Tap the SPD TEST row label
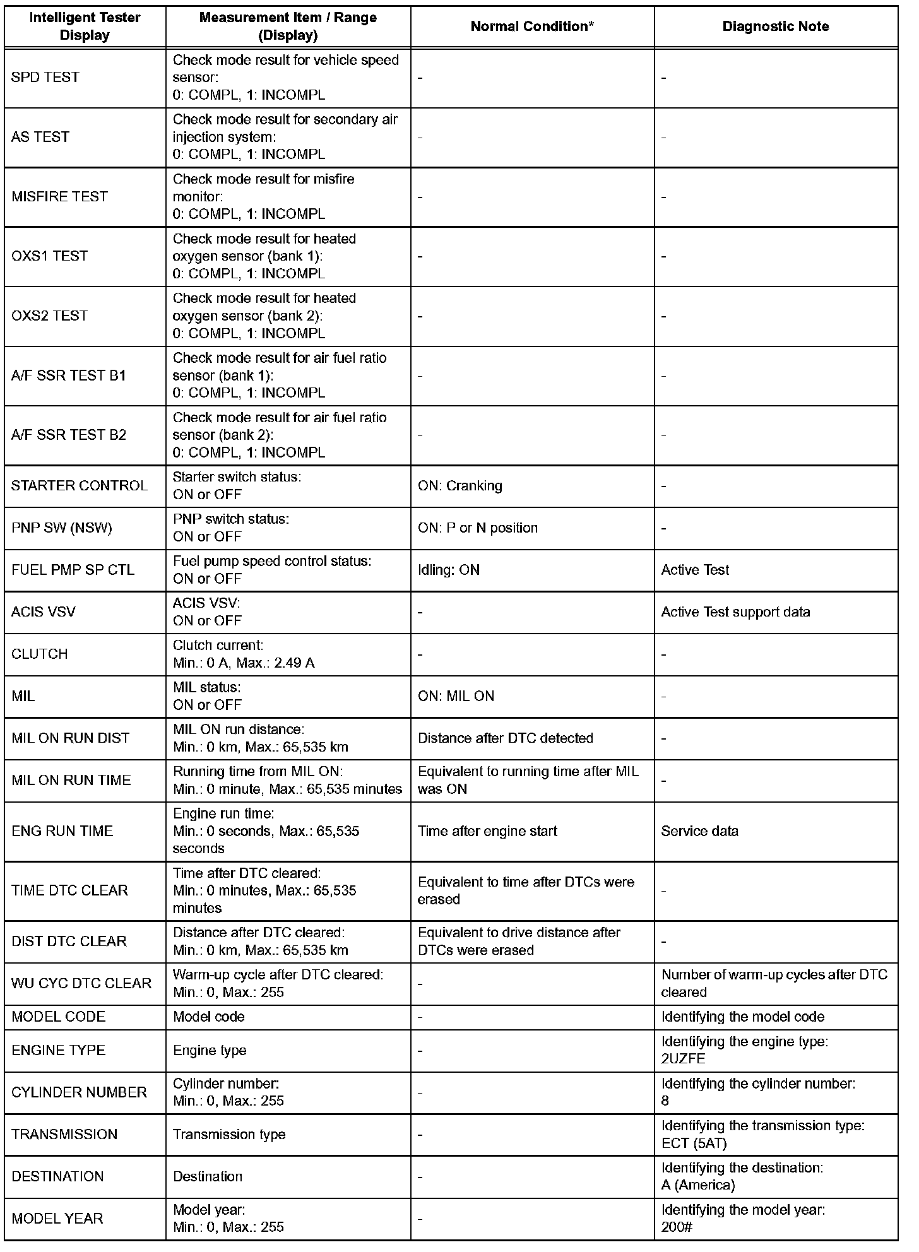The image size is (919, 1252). point(45,78)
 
